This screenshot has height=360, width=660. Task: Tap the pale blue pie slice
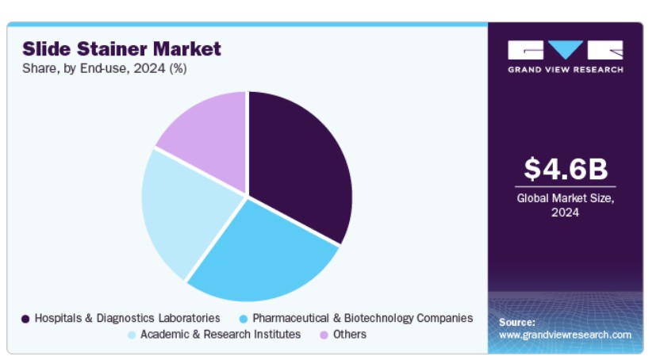tap(185, 210)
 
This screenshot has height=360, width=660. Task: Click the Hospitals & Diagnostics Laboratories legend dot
tap(25, 320)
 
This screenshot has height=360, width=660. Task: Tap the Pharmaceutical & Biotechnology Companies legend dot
tap(244, 320)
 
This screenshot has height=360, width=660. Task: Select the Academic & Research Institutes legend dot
tap(132, 335)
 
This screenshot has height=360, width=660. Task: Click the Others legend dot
tap(324, 335)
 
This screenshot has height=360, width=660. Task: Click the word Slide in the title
tap(47, 49)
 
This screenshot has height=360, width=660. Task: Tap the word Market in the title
tap(187, 49)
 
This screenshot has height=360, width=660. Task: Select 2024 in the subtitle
tap(149, 68)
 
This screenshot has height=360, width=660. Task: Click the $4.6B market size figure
tap(566, 169)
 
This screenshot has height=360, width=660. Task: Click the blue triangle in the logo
tap(566, 49)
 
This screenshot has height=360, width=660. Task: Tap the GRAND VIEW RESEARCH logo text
tap(566, 70)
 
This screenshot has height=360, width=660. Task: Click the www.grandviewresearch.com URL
tap(566, 335)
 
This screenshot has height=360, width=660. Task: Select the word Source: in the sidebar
tap(517, 323)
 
